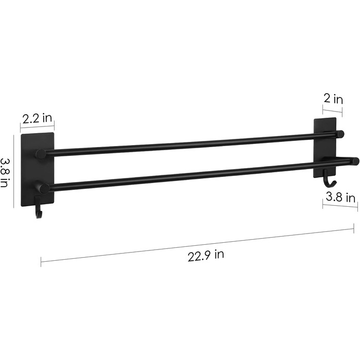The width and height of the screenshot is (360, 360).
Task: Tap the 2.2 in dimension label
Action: coord(37,119)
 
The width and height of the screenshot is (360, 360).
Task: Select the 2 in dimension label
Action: coord(333,99)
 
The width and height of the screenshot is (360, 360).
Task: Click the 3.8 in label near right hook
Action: coord(340,197)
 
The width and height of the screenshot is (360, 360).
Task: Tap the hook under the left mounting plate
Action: coord(39,207)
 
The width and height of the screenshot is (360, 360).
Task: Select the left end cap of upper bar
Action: coord(41,154)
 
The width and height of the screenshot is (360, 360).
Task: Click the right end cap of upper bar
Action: coord(340,134)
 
